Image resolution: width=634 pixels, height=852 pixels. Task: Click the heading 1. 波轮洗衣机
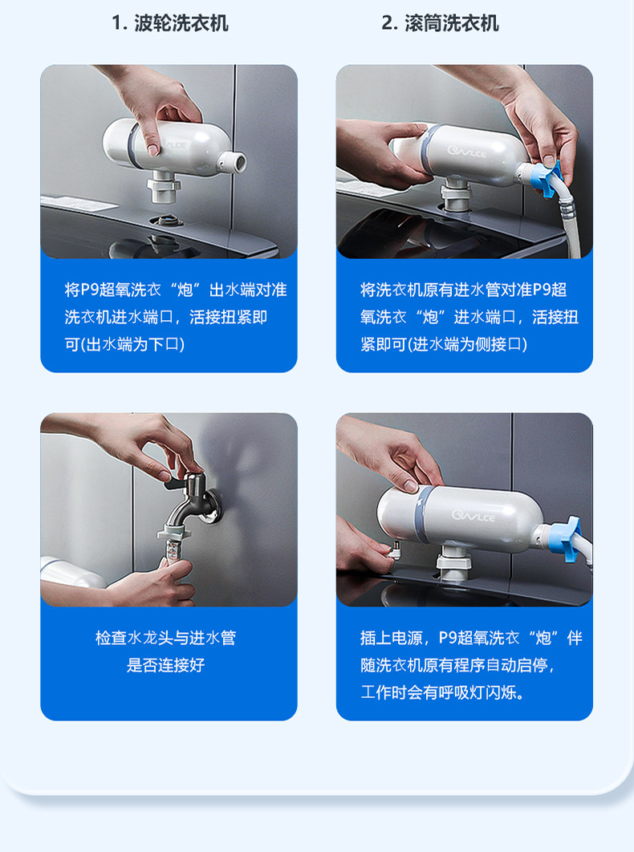(169, 23)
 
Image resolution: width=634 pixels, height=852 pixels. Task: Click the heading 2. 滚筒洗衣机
(440, 23)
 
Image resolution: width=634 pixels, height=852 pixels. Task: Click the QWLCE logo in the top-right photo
(467, 152)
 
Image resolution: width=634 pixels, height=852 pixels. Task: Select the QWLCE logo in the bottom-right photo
(473, 514)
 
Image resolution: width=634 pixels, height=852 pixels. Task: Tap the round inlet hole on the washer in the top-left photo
(166, 221)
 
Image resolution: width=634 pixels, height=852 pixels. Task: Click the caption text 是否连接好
(166, 664)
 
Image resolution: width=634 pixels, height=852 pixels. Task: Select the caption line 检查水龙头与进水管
(166, 637)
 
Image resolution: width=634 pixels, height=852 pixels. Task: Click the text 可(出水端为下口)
(125, 344)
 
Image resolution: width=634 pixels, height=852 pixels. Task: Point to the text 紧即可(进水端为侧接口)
(444, 344)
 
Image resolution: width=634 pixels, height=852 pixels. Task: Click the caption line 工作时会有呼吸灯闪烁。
(443, 692)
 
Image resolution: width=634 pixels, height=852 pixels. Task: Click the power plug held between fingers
(394, 550)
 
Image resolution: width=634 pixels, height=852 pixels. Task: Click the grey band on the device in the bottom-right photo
(423, 513)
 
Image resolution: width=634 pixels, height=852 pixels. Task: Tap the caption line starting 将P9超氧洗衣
(176, 290)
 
